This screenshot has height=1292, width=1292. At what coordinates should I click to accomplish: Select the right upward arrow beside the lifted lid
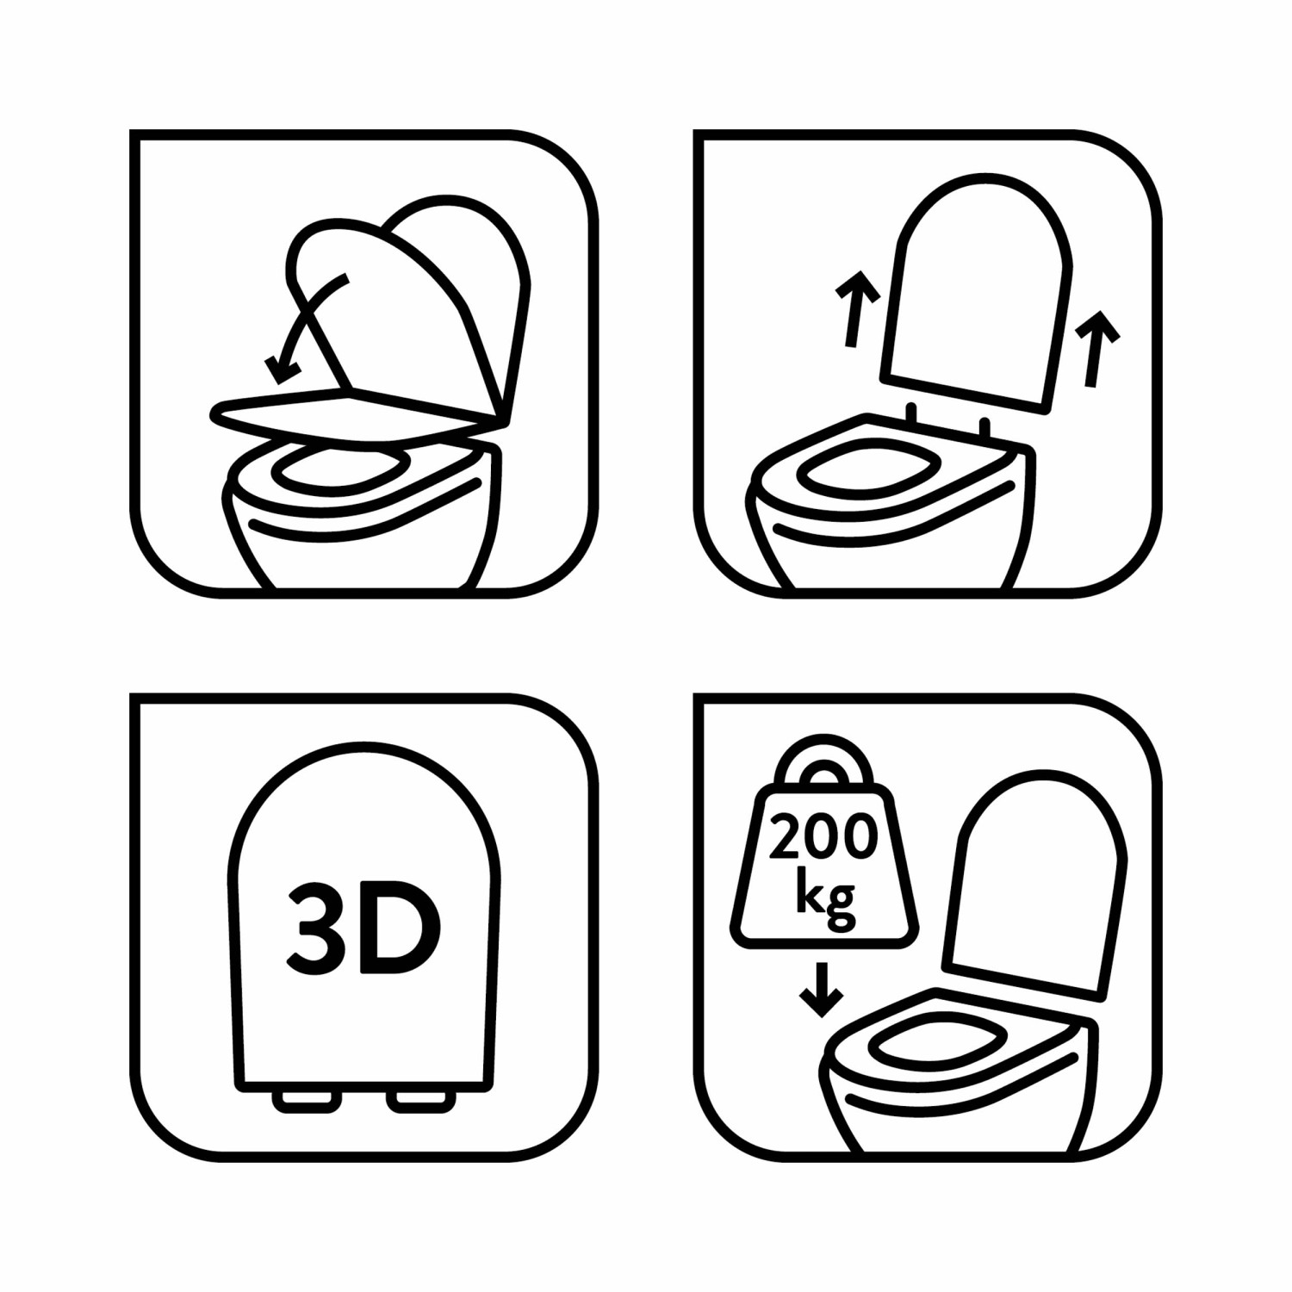(x=1095, y=347)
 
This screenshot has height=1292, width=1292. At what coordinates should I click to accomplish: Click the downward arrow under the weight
(x=821, y=990)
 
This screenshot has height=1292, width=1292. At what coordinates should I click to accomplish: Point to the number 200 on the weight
(x=823, y=836)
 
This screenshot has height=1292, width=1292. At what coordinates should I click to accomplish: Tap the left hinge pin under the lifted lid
(x=911, y=413)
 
